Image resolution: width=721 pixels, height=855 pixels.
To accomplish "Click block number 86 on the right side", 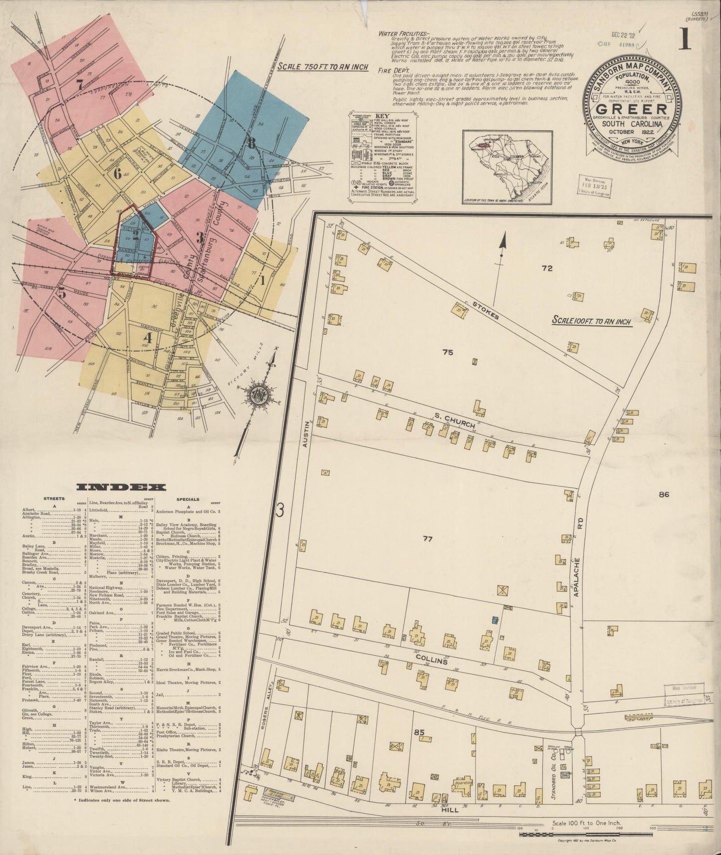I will click(663, 495).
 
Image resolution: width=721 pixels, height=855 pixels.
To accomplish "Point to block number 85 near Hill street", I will click(419, 733).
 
